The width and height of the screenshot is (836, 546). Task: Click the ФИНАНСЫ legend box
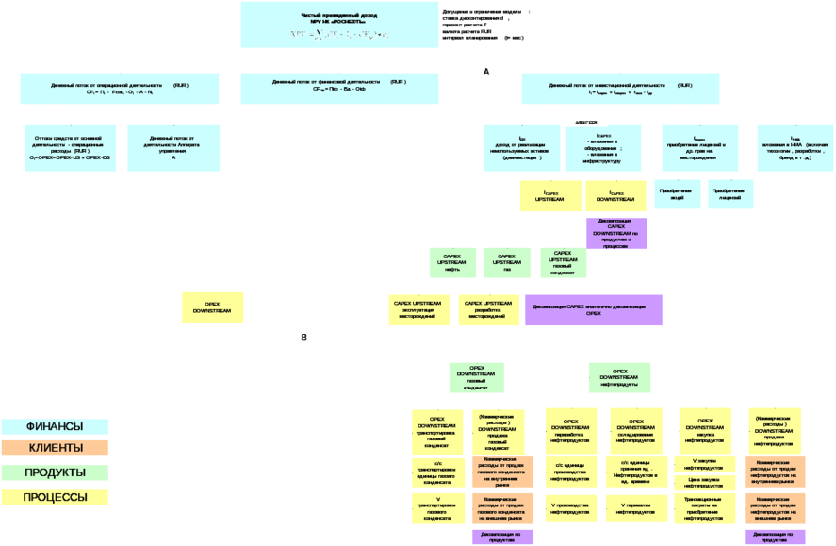coord(55,426)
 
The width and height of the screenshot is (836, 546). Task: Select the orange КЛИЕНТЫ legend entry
coord(55,448)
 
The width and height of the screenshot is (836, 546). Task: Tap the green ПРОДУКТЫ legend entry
coord(55,472)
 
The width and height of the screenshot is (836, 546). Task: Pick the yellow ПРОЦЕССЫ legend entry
coord(55,497)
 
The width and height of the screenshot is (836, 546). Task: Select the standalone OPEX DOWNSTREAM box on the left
coord(212,307)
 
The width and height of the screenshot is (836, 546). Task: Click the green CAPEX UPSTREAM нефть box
coord(452,262)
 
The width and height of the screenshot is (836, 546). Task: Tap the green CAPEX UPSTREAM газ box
coord(506,262)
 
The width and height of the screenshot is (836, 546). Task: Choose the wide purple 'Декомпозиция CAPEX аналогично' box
coord(593,309)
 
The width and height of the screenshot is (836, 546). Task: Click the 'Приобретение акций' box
coord(677,195)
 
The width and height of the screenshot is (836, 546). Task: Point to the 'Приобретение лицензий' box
coord(730,195)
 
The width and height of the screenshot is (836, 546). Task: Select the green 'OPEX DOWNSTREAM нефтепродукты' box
coord(619,377)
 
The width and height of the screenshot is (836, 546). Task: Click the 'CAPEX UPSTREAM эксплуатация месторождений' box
coord(418,309)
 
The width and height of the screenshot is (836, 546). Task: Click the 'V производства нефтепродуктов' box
coord(570,507)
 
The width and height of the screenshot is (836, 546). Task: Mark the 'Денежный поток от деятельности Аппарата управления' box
coord(173,148)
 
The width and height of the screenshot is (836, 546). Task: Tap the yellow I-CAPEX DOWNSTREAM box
coord(615,196)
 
